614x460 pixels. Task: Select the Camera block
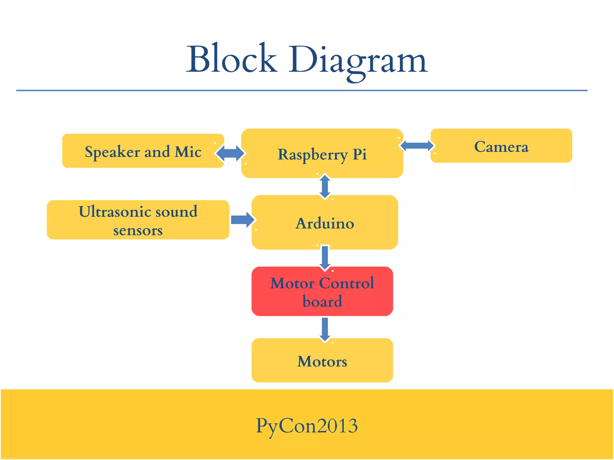[x=501, y=146]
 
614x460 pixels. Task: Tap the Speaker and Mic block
[x=143, y=151]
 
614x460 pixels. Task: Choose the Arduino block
[x=325, y=223]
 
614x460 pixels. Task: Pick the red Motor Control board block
[x=322, y=291]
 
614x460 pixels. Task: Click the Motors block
[x=322, y=361]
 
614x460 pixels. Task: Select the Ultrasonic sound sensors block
[x=138, y=220]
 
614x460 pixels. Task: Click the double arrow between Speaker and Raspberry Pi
[x=230, y=153]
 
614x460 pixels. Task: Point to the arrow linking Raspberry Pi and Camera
[x=417, y=146]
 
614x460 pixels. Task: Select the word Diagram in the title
[x=358, y=60]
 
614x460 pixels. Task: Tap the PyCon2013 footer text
[x=307, y=426]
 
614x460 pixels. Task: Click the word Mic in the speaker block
[x=188, y=152]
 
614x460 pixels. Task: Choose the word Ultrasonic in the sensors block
[x=113, y=211]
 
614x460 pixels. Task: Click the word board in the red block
[x=322, y=301]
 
